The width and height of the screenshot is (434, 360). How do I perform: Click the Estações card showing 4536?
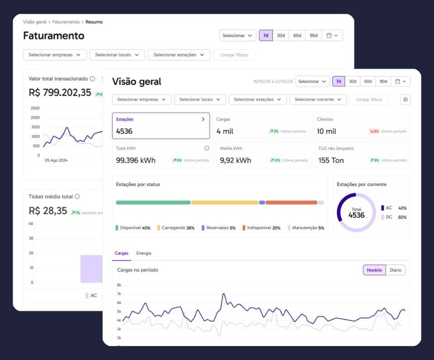[160, 126]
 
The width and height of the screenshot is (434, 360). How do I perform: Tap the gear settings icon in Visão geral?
[405, 99]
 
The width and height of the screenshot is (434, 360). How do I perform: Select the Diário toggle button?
[396, 270]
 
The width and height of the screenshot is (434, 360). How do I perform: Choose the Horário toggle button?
[374, 270]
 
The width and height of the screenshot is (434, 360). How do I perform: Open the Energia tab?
[144, 253]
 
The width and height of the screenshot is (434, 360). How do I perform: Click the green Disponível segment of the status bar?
[153, 203]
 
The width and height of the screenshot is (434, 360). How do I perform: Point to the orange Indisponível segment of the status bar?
[291, 203]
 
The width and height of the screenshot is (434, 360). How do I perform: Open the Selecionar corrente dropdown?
[318, 99]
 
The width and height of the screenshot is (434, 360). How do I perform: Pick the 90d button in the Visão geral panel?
[383, 81]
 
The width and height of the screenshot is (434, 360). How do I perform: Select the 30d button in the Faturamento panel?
[281, 35]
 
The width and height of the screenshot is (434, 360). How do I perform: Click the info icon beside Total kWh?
[207, 148]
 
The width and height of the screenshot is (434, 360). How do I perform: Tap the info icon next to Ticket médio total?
[77, 196]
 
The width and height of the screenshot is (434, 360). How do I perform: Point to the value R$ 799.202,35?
[60, 93]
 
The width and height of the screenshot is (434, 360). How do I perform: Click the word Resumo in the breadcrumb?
[94, 22]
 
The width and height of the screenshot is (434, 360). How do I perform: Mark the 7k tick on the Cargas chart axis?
[119, 294]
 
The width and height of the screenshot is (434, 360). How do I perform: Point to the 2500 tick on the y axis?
[35, 108]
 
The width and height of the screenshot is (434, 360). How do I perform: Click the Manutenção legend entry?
[306, 228]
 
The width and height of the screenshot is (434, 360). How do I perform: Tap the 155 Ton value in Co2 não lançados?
[331, 160]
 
